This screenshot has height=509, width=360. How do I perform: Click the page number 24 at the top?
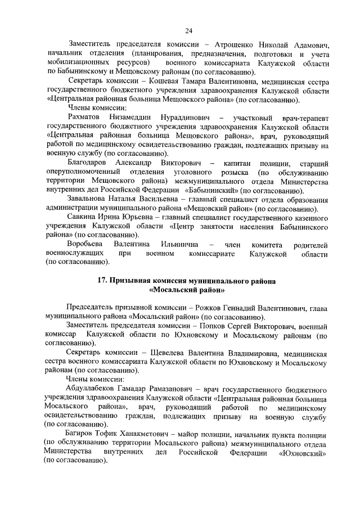coord(188,29)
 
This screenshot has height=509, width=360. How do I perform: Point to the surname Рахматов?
coord(85,118)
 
